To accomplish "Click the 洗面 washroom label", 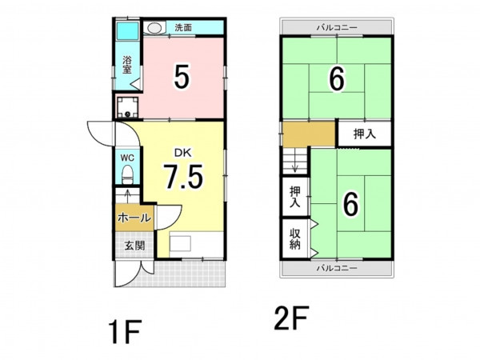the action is coord(183,27).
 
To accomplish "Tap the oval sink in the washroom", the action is coord(154,28).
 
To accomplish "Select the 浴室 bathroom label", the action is coord(127,65).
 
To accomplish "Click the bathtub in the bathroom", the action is coord(127,30).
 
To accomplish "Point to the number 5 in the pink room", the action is coord(182,77).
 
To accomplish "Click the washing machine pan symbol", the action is coord(128,107).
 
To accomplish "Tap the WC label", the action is coord(127,158).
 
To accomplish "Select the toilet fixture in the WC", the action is coord(127,174).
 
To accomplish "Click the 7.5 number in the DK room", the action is coord(183,177).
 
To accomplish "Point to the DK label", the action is coord(182,153).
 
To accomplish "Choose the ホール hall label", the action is coord(134,218).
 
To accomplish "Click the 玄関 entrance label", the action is coord(134,246).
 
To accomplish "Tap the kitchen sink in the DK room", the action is coord(180,244).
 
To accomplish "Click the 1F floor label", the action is coord(126,331).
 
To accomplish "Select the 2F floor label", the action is coord(291,318).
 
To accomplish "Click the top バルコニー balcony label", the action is coord(337,27).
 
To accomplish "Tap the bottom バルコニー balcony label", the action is coord(337,268).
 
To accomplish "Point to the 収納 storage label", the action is coord(294,239).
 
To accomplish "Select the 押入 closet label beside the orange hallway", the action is coord(364,134).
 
